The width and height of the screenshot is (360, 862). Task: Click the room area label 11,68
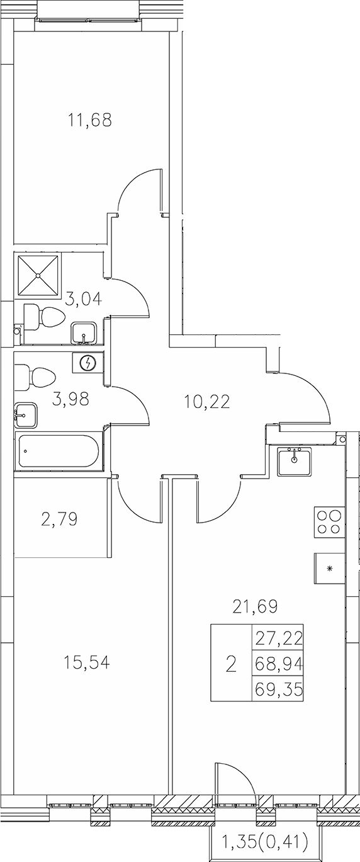coord(90,119)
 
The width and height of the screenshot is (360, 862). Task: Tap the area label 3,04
coord(83,298)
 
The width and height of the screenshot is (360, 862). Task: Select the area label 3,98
coord(70,399)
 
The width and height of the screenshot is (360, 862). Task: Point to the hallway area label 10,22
coord(207,400)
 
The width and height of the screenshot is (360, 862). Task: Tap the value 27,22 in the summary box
coord(278,640)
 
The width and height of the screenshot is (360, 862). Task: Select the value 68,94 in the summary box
coord(278,664)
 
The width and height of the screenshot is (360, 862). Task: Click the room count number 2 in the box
coord(230,664)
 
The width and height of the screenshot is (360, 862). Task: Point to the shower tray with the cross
coord(40,275)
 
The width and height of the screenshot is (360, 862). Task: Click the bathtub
coord(58,451)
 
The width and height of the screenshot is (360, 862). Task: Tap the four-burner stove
coord(329,522)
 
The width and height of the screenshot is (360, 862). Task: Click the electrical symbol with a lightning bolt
coord(89,363)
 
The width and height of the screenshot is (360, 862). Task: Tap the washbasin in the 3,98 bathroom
coord(25,414)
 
